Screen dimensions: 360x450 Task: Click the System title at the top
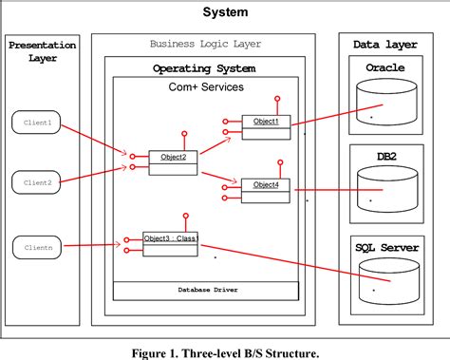pyautogui.click(x=225, y=12)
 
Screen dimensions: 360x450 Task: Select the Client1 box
pyautogui.click(x=35, y=122)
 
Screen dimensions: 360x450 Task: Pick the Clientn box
pyautogui.click(x=35, y=248)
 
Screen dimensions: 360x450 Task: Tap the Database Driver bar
pyautogui.click(x=205, y=290)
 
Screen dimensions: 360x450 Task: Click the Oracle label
pyautogui.click(x=384, y=67)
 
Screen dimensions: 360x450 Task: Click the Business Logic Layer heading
pyautogui.click(x=205, y=44)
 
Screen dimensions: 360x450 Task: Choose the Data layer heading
pyautogui.click(x=384, y=44)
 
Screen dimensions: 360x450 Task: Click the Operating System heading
pyautogui.click(x=205, y=68)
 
